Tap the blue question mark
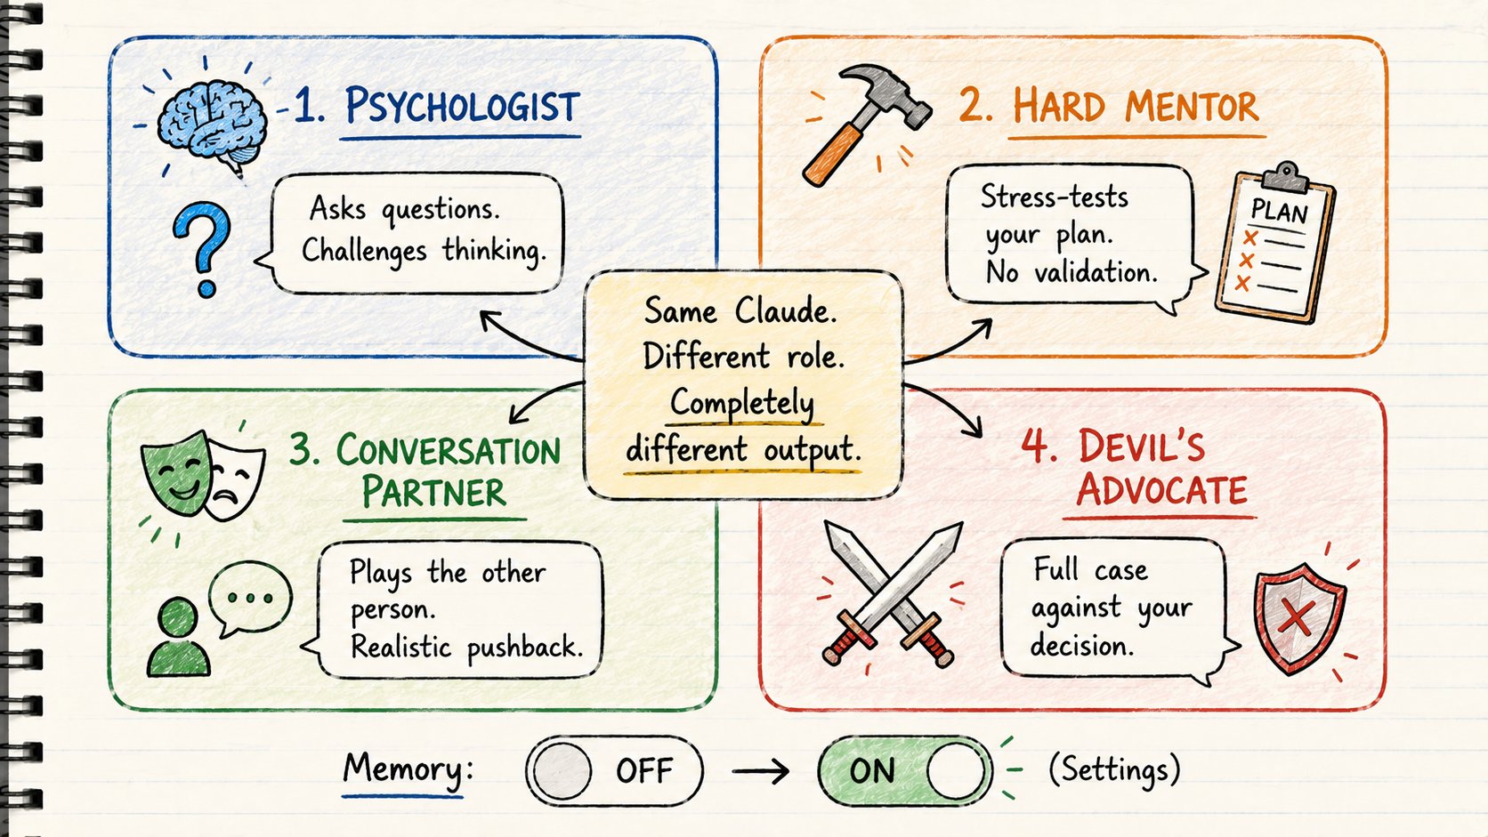pos(202,248)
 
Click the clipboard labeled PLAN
pos(1274,243)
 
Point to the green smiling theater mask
pos(177,472)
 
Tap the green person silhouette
pos(178,637)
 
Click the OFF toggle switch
pos(614,770)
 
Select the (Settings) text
pos(1114,769)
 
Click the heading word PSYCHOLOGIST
pos(463,106)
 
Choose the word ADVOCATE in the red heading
pos(1161,490)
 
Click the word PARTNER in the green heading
pos(433,492)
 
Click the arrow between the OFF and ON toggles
pos(761,771)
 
